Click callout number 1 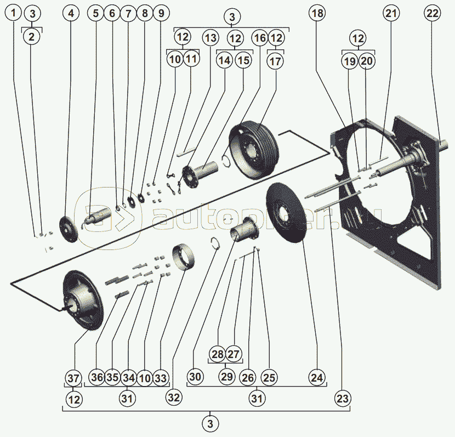tap(15, 13)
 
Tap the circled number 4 tap(70, 13)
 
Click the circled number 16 tap(259, 38)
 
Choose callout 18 tap(317, 13)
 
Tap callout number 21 tap(391, 13)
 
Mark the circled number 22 tap(432, 13)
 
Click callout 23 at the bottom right tap(343, 399)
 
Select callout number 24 tap(316, 378)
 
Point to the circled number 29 tap(226, 378)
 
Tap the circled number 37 tap(74, 378)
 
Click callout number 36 tap(97, 378)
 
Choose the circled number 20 tap(367, 60)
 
